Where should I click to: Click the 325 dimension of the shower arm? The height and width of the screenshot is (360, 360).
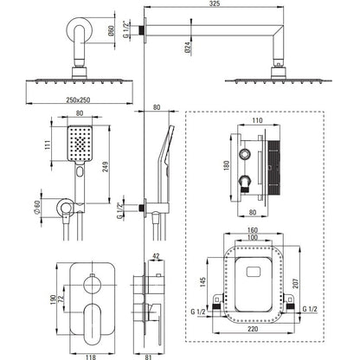[x=215, y=3]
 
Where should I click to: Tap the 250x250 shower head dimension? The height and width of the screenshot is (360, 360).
[x=78, y=100]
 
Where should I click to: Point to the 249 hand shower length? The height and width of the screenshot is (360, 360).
[x=106, y=167]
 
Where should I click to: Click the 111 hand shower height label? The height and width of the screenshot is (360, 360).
[x=48, y=145]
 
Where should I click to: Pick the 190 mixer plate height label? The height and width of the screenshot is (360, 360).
[x=53, y=299]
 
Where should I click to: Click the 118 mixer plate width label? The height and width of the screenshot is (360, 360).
[x=91, y=357]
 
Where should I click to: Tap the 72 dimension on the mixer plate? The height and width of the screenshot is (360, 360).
[x=61, y=298]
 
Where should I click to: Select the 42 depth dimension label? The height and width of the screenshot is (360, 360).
[x=156, y=256]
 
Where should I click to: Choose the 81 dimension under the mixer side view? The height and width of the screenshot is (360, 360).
[x=148, y=357]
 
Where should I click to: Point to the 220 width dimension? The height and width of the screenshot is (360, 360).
[x=253, y=329]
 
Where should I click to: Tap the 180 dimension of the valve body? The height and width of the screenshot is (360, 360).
[x=226, y=165]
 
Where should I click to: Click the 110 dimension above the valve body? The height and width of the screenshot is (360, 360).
[x=257, y=120]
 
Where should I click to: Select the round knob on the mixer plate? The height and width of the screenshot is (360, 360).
[x=93, y=284]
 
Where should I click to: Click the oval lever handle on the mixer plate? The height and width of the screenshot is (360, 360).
[x=92, y=324]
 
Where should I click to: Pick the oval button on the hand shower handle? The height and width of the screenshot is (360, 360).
[x=80, y=172]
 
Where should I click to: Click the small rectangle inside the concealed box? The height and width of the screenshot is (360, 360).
[x=254, y=272]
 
